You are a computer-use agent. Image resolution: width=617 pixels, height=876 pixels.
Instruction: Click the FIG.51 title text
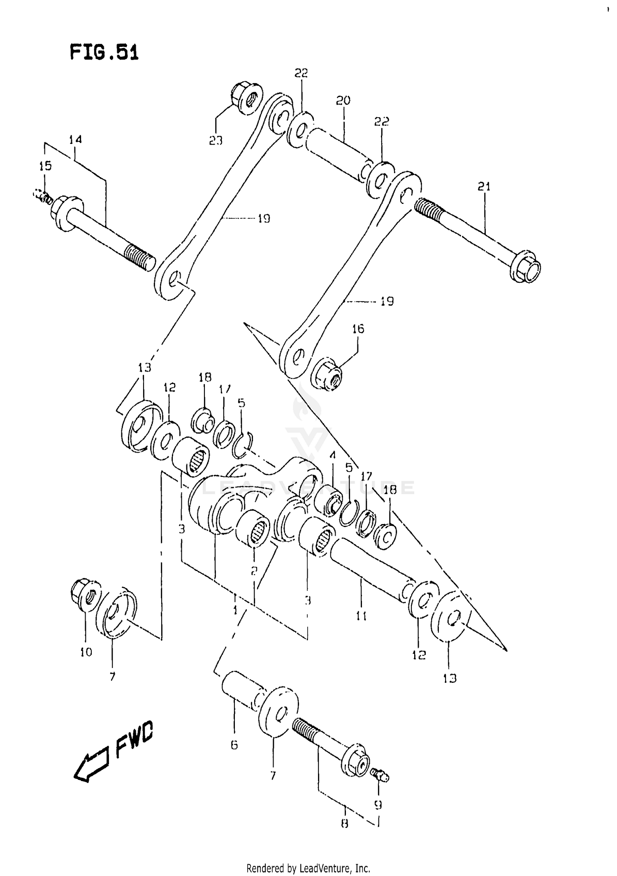(104, 53)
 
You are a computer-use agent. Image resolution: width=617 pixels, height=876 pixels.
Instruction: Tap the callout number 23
(216, 141)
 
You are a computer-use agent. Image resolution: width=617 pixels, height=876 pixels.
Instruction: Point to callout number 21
(484, 187)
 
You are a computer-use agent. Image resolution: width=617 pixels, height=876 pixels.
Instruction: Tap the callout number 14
(75, 140)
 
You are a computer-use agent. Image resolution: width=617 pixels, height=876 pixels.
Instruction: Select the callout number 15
(45, 166)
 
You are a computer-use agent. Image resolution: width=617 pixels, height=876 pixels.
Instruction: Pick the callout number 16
(358, 329)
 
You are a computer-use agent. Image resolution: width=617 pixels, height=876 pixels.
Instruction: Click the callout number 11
(361, 615)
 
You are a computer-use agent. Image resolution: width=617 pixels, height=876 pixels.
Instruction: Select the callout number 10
(86, 652)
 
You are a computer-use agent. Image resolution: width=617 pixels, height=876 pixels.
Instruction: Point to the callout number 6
(234, 745)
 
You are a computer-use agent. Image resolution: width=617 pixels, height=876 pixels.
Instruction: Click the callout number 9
(378, 804)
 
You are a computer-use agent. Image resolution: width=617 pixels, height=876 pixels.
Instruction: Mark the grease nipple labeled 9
(380, 775)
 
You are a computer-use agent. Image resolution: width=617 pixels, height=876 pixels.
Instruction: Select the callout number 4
(332, 456)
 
